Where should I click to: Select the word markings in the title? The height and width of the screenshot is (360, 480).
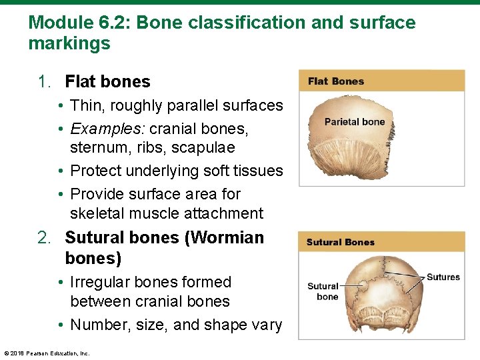69,45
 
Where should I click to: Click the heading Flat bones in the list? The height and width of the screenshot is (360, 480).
107,82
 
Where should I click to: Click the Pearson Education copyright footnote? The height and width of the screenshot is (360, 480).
47,353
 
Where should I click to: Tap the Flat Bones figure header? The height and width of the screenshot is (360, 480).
336,81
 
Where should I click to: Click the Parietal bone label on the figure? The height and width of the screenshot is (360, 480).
355,122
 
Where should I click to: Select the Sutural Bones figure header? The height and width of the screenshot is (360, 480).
340,242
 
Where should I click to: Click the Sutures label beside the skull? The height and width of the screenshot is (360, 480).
443,277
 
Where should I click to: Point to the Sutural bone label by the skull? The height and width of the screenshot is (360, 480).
323,291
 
